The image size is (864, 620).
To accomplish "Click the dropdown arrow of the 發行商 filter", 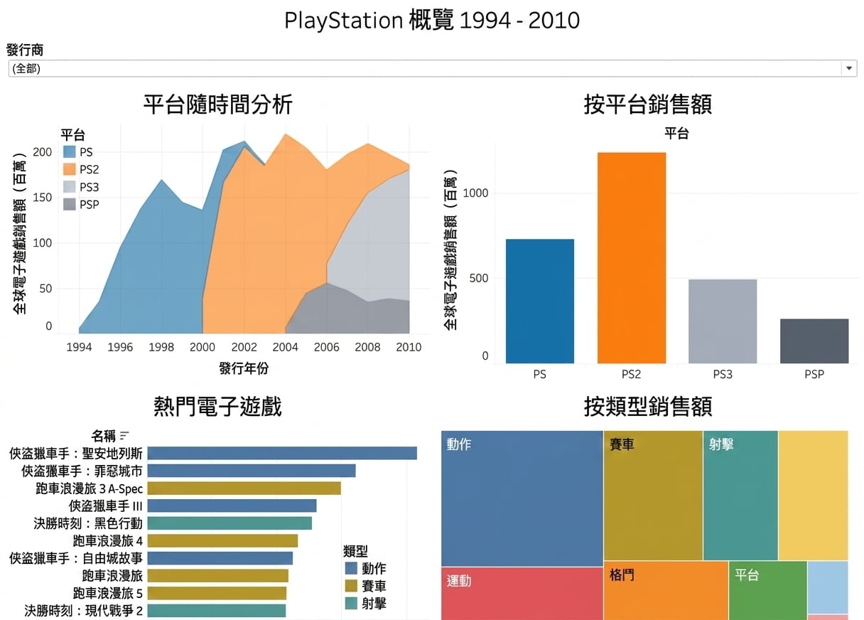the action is click(848, 68).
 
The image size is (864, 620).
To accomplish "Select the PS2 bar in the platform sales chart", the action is click(632, 257).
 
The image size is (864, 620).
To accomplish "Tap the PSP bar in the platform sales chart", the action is click(814, 341).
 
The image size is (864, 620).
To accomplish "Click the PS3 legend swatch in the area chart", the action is click(70, 187).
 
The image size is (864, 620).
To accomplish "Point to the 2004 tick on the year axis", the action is click(285, 347).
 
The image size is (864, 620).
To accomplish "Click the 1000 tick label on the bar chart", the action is click(475, 193).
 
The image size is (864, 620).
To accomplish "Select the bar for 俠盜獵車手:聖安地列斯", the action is click(282, 453).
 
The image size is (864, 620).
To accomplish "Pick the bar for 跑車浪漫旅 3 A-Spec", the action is click(244, 488).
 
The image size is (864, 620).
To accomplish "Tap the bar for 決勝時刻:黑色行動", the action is click(229, 523).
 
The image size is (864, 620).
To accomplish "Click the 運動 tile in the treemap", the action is click(522, 594).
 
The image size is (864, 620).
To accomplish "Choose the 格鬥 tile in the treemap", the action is click(666, 590).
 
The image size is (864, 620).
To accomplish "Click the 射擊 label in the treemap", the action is click(721, 444).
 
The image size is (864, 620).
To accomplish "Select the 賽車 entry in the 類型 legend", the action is click(366, 586).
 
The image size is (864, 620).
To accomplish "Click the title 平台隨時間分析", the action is click(218, 105).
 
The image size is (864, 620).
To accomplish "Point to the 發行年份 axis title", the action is click(244, 368).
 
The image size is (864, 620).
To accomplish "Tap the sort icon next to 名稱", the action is click(124, 435).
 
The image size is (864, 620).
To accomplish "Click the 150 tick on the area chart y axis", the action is click(43, 197).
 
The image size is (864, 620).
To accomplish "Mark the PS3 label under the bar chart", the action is click(723, 374).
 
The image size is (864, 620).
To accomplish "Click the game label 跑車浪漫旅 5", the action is click(107, 593).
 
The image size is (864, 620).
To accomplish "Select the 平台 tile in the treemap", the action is click(767, 590).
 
